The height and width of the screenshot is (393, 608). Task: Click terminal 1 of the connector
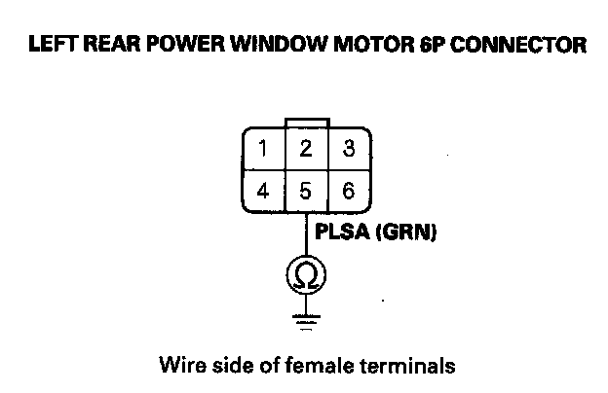tap(263, 150)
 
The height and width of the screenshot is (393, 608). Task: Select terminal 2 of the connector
tap(305, 150)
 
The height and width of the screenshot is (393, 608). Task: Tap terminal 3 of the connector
tap(348, 150)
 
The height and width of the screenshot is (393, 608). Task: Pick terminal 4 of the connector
tap(263, 191)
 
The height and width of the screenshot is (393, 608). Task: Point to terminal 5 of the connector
tap(305, 191)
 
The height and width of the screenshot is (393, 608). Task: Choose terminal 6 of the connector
tap(348, 191)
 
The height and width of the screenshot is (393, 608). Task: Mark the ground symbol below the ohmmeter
tap(305, 319)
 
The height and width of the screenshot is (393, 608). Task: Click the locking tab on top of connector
tap(306, 122)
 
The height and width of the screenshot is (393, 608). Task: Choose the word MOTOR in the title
tap(368, 45)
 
